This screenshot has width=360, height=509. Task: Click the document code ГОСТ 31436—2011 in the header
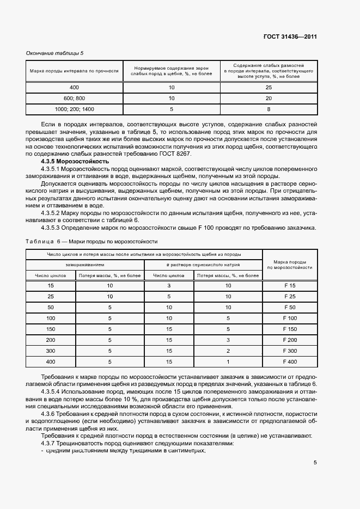[290, 37]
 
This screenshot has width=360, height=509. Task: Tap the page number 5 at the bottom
[315, 463]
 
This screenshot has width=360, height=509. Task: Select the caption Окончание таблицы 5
[55, 53]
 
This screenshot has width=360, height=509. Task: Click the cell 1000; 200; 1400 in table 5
[74, 109]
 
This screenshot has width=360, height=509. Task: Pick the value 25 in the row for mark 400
[269, 88]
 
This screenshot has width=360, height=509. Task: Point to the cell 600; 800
[74, 98]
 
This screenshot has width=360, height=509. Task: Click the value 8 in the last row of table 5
[269, 109]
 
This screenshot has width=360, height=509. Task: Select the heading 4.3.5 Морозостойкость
[75, 162]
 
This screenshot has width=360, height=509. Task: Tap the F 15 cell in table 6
[290, 286]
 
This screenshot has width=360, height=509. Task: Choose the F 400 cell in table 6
[290, 361]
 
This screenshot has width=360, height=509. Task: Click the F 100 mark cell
[290, 318]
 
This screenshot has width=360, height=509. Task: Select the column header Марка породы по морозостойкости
[290, 265]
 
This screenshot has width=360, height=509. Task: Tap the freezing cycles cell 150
[51, 329]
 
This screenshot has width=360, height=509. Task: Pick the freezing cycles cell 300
[51, 350]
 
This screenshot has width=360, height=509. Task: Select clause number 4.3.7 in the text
[51, 443]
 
